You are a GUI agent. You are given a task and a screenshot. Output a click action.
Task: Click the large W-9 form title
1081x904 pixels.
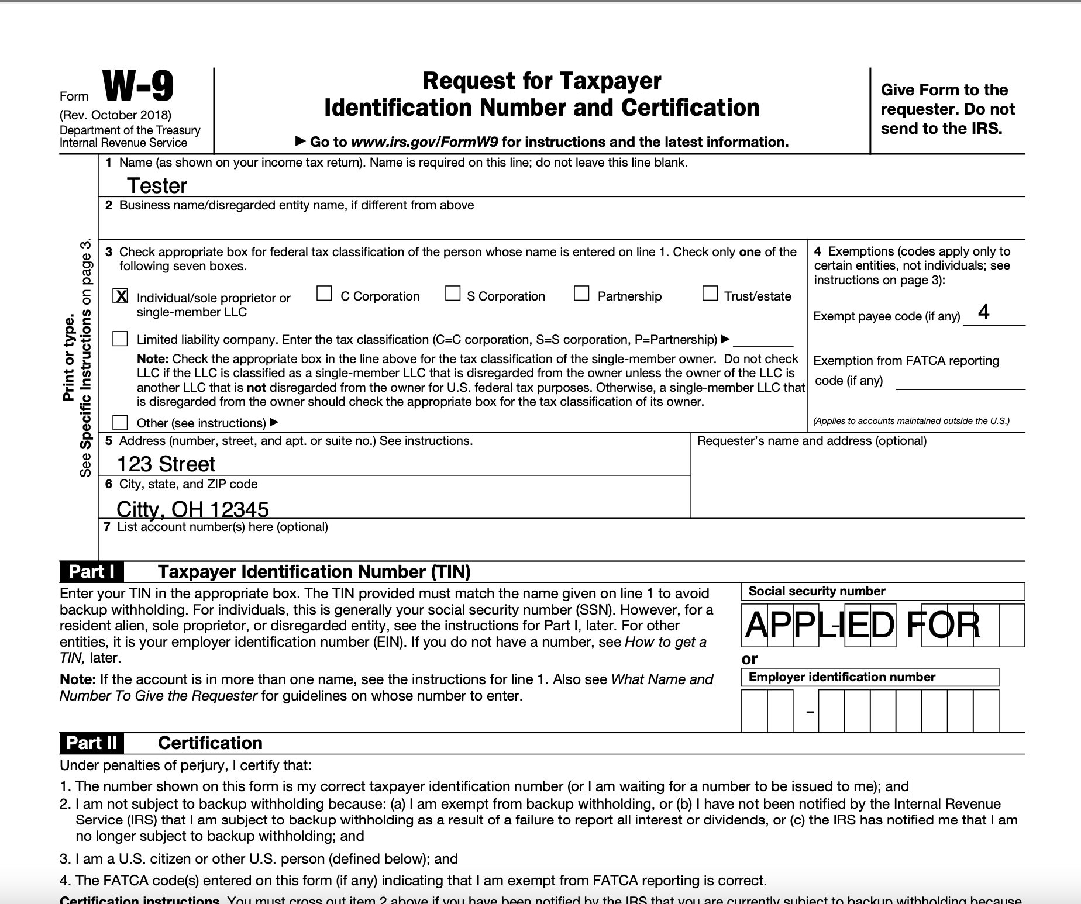pyautogui.click(x=138, y=86)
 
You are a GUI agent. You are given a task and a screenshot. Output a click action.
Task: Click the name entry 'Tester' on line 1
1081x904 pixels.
pyautogui.click(x=157, y=185)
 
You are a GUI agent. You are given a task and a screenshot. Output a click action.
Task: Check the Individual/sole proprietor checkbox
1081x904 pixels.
pyautogui.click(x=120, y=296)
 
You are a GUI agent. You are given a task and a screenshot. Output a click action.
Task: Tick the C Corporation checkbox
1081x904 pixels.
pyautogui.click(x=324, y=293)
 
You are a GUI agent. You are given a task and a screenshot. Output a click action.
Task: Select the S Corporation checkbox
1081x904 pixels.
pyautogui.click(x=453, y=293)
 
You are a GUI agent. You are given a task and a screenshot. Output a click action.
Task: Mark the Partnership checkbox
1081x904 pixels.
pyautogui.click(x=581, y=293)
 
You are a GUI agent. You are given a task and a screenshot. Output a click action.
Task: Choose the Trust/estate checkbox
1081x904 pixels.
pyautogui.click(x=710, y=293)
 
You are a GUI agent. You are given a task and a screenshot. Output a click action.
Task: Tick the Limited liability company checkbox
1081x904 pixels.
pyautogui.click(x=120, y=339)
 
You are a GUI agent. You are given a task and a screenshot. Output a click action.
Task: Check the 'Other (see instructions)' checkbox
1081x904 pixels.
pyautogui.click(x=120, y=422)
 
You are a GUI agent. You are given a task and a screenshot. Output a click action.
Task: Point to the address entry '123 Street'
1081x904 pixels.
pyautogui.click(x=166, y=464)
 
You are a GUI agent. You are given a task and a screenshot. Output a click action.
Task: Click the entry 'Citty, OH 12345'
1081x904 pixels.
pyautogui.click(x=192, y=509)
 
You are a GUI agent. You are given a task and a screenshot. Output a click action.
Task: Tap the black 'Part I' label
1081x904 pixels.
pyautogui.click(x=91, y=571)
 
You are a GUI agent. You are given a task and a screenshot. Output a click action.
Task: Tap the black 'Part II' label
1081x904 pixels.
pyautogui.click(x=91, y=743)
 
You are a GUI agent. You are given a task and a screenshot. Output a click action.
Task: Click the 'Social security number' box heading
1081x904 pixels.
pyautogui.click(x=817, y=591)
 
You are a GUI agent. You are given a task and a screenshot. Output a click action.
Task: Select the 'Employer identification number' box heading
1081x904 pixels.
pyautogui.click(x=842, y=677)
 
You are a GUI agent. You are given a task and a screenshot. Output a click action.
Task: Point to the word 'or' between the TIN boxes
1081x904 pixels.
pyautogui.click(x=749, y=659)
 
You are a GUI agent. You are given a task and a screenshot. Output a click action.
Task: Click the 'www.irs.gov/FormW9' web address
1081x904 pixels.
pyautogui.click(x=425, y=142)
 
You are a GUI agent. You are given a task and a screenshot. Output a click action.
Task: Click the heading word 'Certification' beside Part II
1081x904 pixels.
pyautogui.click(x=210, y=743)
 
